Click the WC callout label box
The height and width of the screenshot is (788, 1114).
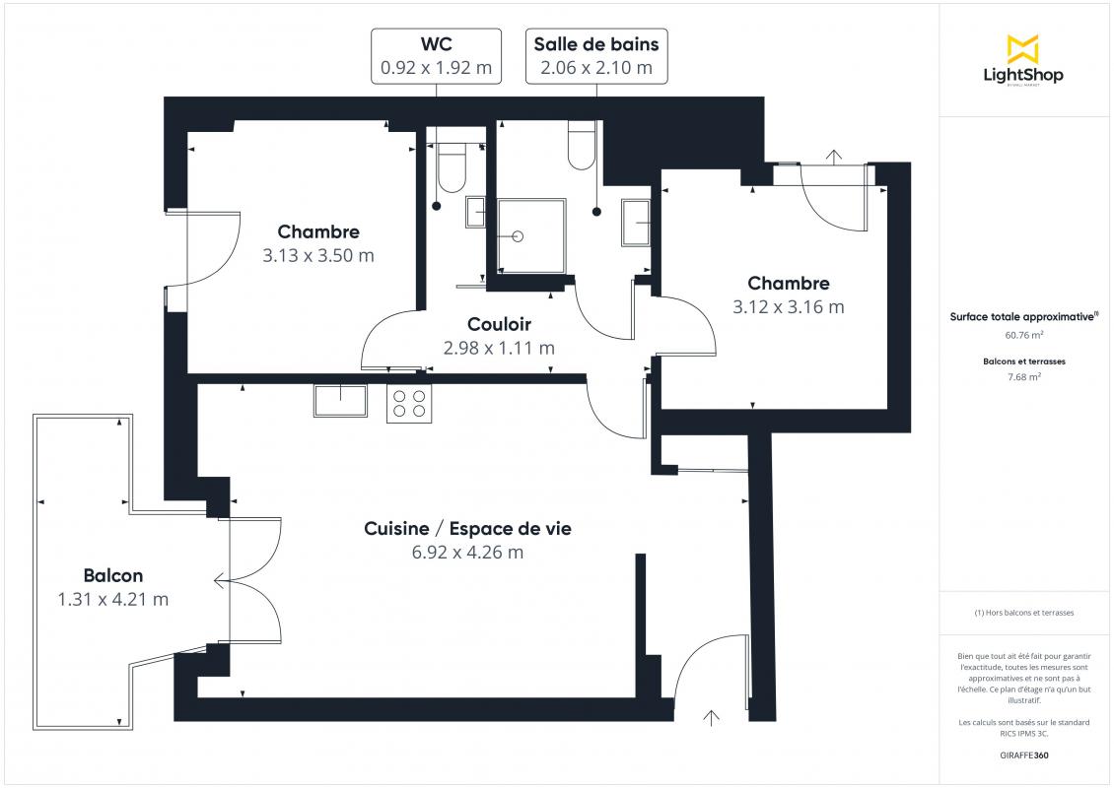pos(436,56)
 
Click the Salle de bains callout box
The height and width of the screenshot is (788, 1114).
pos(596,56)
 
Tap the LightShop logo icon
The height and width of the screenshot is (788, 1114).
pos(1023,49)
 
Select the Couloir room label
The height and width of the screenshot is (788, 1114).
pos(500,324)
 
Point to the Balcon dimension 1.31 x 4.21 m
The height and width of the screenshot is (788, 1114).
pos(113,599)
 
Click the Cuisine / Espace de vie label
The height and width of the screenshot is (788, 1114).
pos(467,529)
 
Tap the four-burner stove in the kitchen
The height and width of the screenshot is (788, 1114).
pos(409,404)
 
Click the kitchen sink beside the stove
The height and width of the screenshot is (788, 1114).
pos(340,400)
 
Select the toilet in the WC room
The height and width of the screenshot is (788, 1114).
pos(452,167)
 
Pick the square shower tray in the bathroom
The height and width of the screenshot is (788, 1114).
pos(531,236)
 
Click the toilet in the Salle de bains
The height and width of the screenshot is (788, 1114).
pos(582,146)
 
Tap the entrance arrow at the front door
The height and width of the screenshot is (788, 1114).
pos(711,718)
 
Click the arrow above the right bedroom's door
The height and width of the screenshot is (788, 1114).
pos(834,157)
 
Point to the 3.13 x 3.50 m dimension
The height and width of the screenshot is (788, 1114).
pos(318,255)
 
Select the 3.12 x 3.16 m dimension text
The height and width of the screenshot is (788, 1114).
pos(789,307)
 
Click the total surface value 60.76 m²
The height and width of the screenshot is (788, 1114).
pos(1023,335)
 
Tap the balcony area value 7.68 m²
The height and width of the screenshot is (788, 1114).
pos(1023,377)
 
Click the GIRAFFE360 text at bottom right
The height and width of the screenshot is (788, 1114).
pos(1023,755)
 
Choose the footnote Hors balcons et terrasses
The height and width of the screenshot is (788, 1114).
pos(1023,613)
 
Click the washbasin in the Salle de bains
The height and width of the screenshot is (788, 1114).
pos(635,223)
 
